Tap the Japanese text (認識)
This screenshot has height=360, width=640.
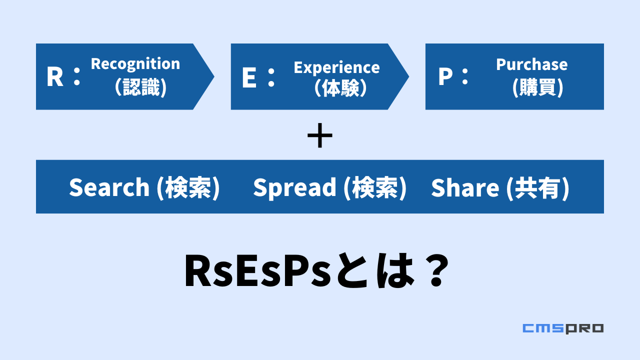(140, 87)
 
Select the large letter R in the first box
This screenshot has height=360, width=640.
(55, 76)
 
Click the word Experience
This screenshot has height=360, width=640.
(337, 68)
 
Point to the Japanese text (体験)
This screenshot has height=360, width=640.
(340, 87)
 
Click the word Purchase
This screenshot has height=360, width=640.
(531, 64)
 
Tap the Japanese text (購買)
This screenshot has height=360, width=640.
(537, 87)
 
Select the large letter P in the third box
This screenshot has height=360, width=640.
(445, 76)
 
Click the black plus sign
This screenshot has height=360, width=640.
(319, 135)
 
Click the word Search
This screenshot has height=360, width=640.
(109, 187)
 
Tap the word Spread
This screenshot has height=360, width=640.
(295, 188)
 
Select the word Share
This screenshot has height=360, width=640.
(465, 187)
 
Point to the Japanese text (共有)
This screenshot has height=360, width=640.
(537, 188)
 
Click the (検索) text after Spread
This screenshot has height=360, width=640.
(375, 188)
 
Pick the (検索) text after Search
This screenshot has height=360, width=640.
(188, 188)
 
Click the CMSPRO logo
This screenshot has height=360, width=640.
(563, 328)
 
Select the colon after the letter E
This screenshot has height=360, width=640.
(271, 77)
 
